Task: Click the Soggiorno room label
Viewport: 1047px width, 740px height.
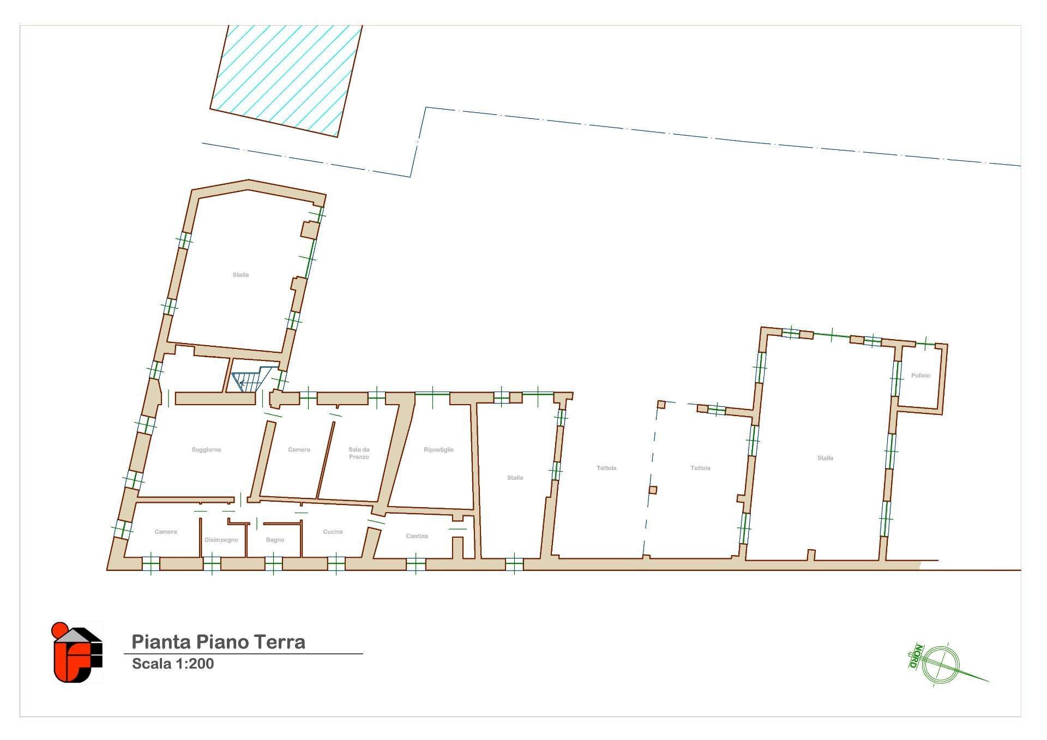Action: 206,450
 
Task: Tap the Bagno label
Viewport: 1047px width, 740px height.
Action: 275,540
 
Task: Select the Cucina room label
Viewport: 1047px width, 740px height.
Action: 333,532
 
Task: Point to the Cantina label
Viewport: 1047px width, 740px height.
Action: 417,536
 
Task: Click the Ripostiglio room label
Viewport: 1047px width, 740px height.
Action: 438,450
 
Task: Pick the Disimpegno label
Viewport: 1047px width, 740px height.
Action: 221,540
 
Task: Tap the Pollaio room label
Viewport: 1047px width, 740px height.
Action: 920,376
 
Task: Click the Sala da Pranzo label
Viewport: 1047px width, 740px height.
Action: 359,453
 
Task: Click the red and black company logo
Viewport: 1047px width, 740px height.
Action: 77,652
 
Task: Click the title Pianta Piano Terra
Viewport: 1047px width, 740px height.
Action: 218,642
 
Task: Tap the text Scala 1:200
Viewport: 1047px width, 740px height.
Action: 173,664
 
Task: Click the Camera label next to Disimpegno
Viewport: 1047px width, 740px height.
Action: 165,532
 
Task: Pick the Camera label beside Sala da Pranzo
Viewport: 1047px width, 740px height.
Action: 299,450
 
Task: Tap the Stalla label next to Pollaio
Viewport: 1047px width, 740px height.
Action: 825,458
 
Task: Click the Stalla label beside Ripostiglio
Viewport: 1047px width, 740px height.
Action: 515,478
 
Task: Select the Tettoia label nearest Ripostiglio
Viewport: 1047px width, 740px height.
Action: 606,468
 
